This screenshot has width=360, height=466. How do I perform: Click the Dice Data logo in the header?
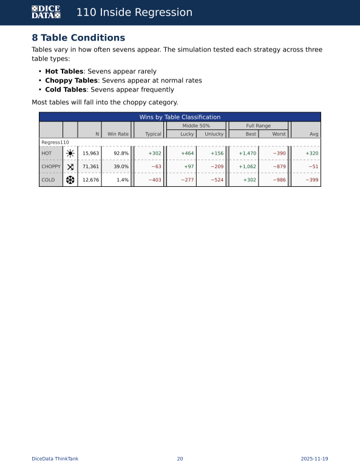click(x=46, y=12)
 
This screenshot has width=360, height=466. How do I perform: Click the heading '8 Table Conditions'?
click(x=78, y=38)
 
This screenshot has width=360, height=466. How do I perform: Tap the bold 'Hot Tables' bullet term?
click(x=64, y=71)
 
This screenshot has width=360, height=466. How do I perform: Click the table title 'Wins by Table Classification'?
click(x=180, y=116)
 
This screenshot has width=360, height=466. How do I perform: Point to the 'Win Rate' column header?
click(x=118, y=134)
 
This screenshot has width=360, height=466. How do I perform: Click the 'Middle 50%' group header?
click(x=196, y=126)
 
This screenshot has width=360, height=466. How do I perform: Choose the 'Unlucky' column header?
click(x=214, y=134)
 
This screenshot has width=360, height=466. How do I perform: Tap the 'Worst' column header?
click(x=279, y=134)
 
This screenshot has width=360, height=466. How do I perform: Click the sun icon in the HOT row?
click(x=70, y=154)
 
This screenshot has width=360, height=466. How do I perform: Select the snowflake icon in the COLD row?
click(x=70, y=180)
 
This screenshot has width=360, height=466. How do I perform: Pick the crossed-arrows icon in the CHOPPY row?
click(x=70, y=167)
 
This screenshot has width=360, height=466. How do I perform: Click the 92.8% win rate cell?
click(x=121, y=154)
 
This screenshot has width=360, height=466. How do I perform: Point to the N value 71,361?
click(x=90, y=167)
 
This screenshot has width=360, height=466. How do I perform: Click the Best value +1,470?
click(x=247, y=154)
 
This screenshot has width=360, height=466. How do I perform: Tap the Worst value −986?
click(x=279, y=180)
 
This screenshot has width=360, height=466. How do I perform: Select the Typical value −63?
click(x=156, y=167)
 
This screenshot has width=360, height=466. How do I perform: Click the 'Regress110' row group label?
click(x=55, y=142)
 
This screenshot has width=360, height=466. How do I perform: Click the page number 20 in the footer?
click(x=180, y=459)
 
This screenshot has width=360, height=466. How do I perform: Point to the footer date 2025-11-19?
click(x=314, y=459)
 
